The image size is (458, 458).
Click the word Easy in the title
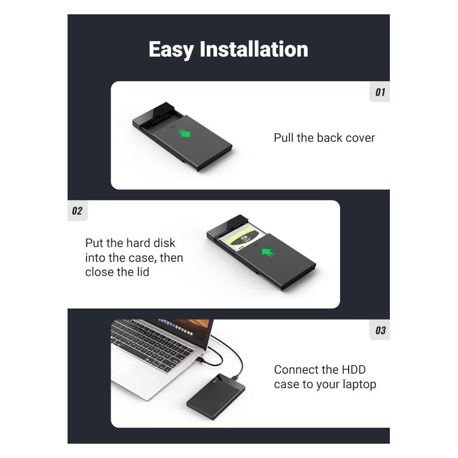pyautogui.click(x=171, y=50)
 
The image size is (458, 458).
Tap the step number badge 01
pyautogui.click(x=380, y=92)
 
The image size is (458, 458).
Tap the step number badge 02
pyautogui.click(x=77, y=211)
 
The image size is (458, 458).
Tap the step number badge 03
pyautogui.click(x=380, y=330)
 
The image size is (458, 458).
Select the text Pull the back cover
pyautogui.click(x=324, y=138)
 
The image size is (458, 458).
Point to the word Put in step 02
pyautogui.click(x=95, y=243)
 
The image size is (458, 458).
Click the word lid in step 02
pyautogui.click(x=141, y=272)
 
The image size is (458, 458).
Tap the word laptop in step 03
pyautogui.click(x=357, y=384)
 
